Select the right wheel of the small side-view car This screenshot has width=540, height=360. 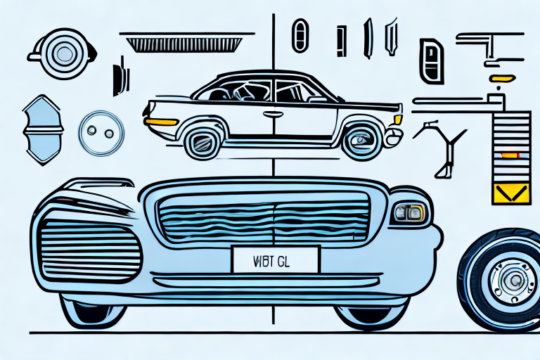pos(361,139)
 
